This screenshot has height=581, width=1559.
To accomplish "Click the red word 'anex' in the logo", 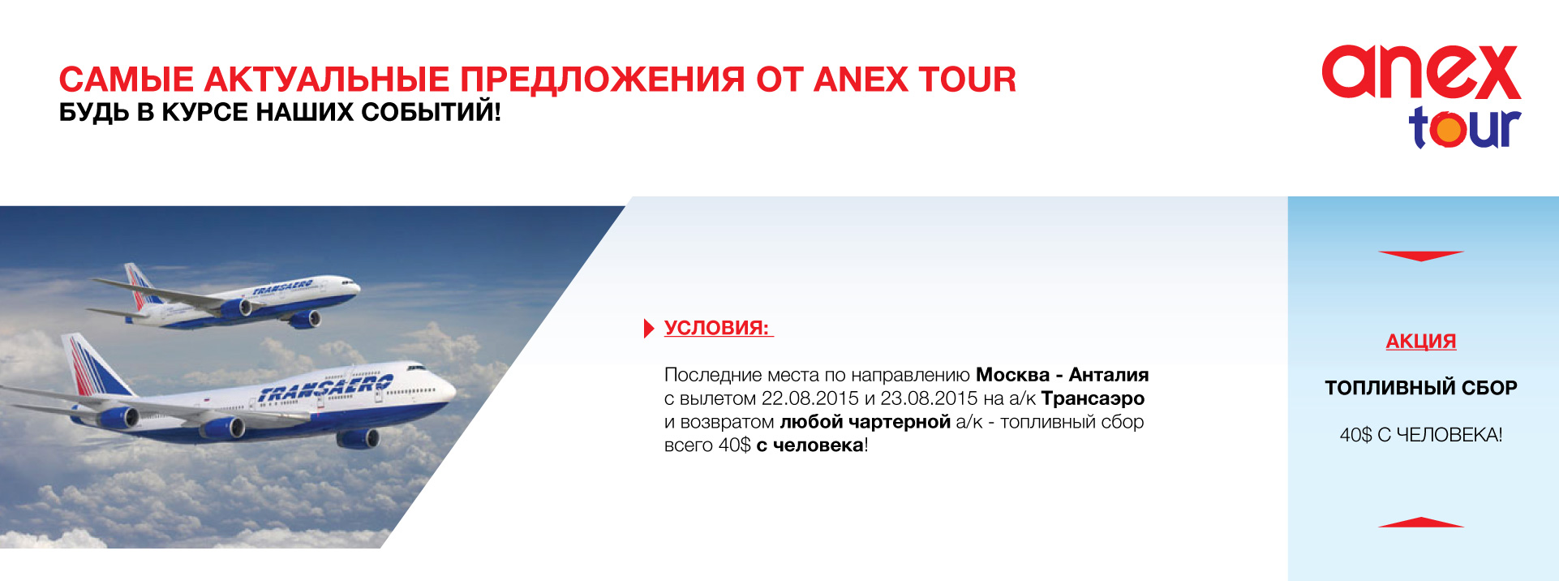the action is click(x=1421, y=72).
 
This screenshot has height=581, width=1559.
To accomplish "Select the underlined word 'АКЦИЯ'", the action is click(x=1421, y=341).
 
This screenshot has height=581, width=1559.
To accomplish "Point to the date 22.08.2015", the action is click(x=810, y=398).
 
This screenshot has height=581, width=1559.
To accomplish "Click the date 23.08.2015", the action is click(x=930, y=398).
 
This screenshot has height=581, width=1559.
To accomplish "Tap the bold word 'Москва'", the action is click(x=1012, y=375).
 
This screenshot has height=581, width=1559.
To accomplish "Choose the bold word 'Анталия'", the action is click(x=1109, y=375).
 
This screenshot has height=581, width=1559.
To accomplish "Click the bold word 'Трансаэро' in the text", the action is click(x=1093, y=398).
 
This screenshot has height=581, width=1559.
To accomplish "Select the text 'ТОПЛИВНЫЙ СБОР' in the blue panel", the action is click(x=1421, y=388).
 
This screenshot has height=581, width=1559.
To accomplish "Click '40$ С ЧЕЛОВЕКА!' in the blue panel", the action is click(x=1421, y=435).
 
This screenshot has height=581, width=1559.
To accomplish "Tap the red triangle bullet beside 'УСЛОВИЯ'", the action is click(x=648, y=328).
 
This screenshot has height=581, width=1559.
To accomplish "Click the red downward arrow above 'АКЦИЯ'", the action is click(x=1421, y=256).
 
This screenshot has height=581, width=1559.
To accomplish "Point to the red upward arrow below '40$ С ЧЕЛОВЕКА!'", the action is click(x=1421, y=523).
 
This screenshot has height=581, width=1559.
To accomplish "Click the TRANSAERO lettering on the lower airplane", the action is click(x=324, y=389).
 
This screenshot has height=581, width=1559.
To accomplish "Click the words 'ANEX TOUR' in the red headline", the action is click(x=915, y=80).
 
